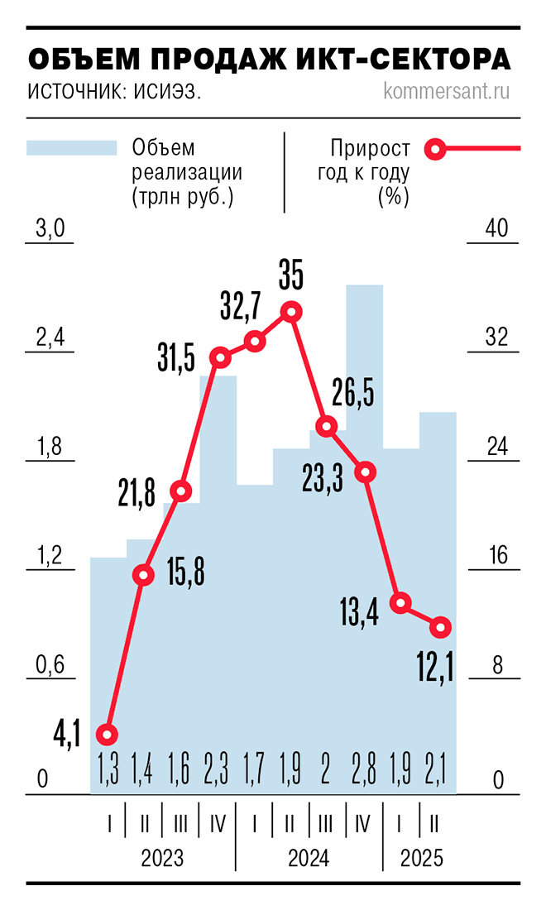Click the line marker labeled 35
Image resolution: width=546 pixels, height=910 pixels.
tap(290, 312)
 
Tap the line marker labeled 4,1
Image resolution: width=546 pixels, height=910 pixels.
tap(108, 734)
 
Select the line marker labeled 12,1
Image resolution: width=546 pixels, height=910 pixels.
tap(441, 627)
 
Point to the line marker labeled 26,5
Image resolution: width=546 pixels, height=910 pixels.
tap(328, 427)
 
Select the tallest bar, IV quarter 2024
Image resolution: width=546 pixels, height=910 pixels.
tap(364, 496)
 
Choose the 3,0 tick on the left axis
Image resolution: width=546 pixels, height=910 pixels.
tap(50, 230)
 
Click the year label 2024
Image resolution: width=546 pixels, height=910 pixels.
tap(309, 858)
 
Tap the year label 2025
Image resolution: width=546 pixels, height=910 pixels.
tap(421, 858)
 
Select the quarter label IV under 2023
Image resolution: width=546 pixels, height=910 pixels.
tap(218, 824)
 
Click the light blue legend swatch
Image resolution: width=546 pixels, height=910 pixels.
tap(71, 148)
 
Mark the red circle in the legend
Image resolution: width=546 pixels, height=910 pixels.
tap(435, 150)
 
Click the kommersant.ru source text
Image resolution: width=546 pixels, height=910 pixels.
tap(447, 90)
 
